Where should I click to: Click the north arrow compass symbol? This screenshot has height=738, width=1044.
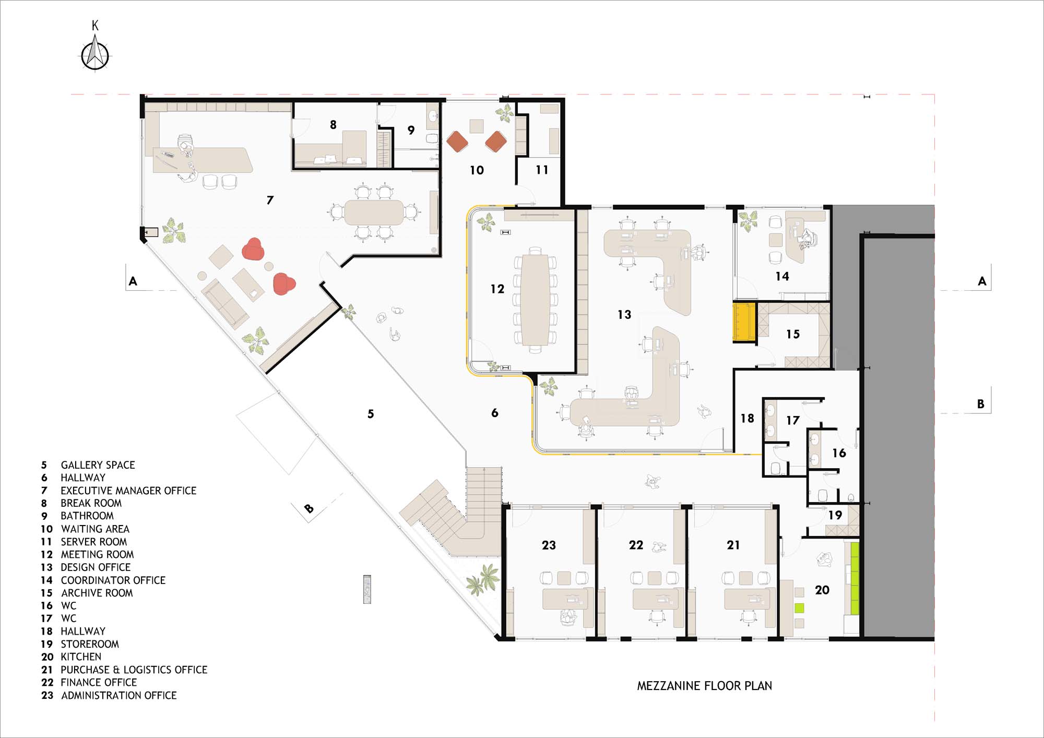pyautogui.click(x=95, y=54)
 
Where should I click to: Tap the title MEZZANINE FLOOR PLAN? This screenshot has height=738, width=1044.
pyautogui.click(x=704, y=686)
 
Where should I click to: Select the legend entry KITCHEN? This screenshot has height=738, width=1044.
pyautogui.click(x=81, y=657)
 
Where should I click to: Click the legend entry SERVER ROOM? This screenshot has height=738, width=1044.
pyautogui.click(x=94, y=542)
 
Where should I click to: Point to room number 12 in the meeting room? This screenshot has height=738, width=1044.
pyautogui.click(x=497, y=289)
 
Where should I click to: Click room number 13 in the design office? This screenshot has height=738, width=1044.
pyautogui.click(x=624, y=314)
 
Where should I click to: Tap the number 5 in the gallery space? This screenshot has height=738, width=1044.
pyautogui.click(x=371, y=414)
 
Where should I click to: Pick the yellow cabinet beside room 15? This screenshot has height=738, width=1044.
pyautogui.click(x=744, y=322)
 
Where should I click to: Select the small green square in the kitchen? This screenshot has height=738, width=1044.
pyautogui.click(x=799, y=608)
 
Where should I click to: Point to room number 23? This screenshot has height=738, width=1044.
pyautogui.click(x=549, y=545)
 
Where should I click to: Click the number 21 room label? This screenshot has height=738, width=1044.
pyautogui.click(x=733, y=545)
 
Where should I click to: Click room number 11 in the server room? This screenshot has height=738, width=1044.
pyautogui.click(x=542, y=170)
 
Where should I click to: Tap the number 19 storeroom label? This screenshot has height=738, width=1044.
pyautogui.click(x=835, y=515)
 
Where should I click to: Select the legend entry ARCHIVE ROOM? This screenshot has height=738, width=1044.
pyautogui.click(x=97, y=593)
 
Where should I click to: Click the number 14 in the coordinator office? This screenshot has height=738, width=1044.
pyautogui.click(x=782, y=276)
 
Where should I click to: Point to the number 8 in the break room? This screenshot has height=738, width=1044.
pyautogui.click(x=333, y=125)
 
